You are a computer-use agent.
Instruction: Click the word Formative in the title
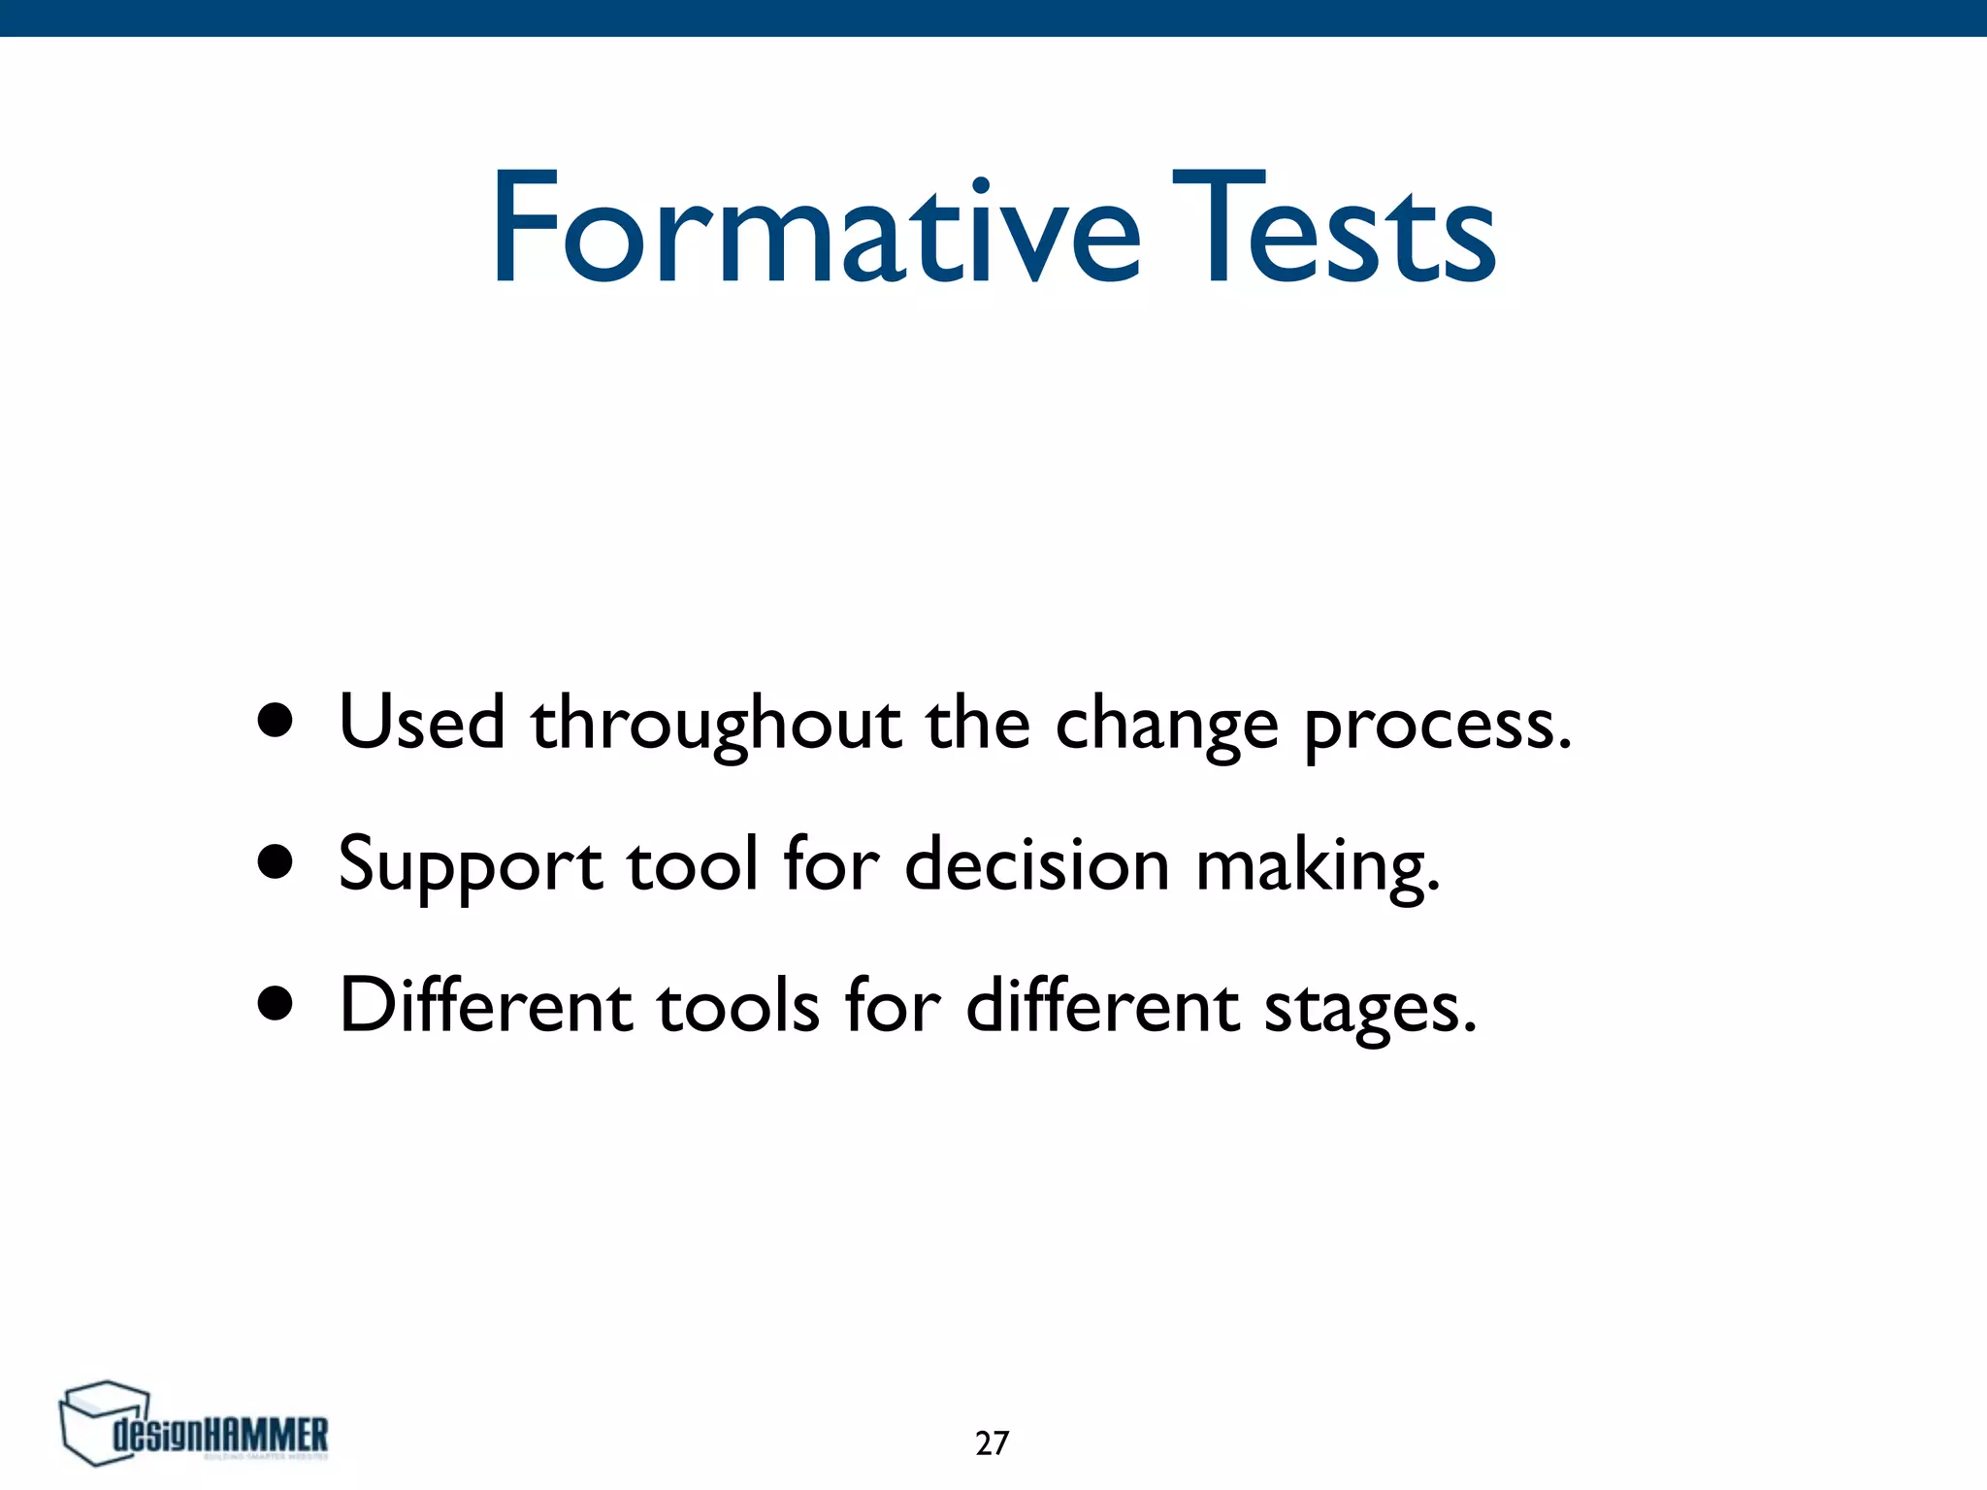815,229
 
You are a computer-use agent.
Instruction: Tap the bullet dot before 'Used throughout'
276,721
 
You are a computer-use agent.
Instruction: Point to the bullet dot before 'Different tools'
276,1004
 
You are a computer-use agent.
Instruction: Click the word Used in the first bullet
422,723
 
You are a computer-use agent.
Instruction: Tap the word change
1166,728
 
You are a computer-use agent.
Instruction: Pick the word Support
470,865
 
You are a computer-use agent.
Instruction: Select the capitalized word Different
486,1005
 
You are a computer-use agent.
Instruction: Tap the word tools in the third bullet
738,1006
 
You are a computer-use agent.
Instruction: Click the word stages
1369,1009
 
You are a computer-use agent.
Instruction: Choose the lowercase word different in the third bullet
1102,1005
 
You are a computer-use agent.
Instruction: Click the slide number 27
992,1443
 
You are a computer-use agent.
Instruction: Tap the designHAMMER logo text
221,1435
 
